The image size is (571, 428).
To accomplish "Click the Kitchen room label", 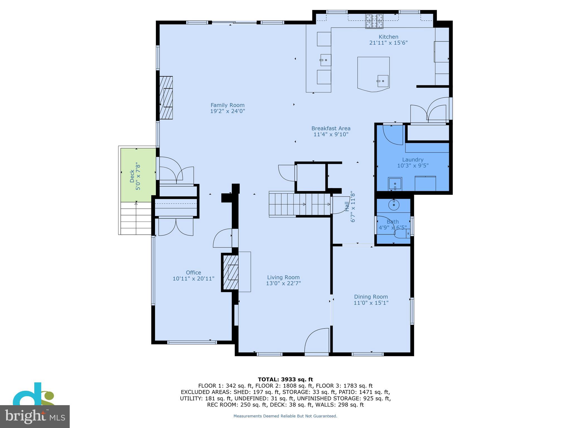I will pos(388,37).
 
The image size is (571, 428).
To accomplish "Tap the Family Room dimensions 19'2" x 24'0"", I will pos(228,111).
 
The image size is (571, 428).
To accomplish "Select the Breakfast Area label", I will pos(331,128).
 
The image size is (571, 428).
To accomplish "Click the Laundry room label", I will pos(413,160).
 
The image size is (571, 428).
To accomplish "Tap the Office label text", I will pos(193,273).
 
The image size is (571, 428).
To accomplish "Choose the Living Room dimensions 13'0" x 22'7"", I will pos(283,283).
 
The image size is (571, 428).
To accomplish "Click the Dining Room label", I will pos(371,297).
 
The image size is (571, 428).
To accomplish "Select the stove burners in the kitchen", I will pos(374,21).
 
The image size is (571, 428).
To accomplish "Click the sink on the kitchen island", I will pos(383,81).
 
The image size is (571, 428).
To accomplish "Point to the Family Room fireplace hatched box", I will pos(166,98).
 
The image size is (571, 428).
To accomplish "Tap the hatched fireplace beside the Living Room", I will pos(230,272).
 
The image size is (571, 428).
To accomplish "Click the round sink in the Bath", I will pos(394,205).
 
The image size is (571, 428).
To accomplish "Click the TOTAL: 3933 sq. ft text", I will pos(285,379).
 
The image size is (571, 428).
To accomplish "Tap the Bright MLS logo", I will pos(35,416).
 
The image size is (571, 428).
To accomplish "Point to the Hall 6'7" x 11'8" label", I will pos(350,206).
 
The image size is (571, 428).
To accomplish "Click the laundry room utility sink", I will pos(395,184).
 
